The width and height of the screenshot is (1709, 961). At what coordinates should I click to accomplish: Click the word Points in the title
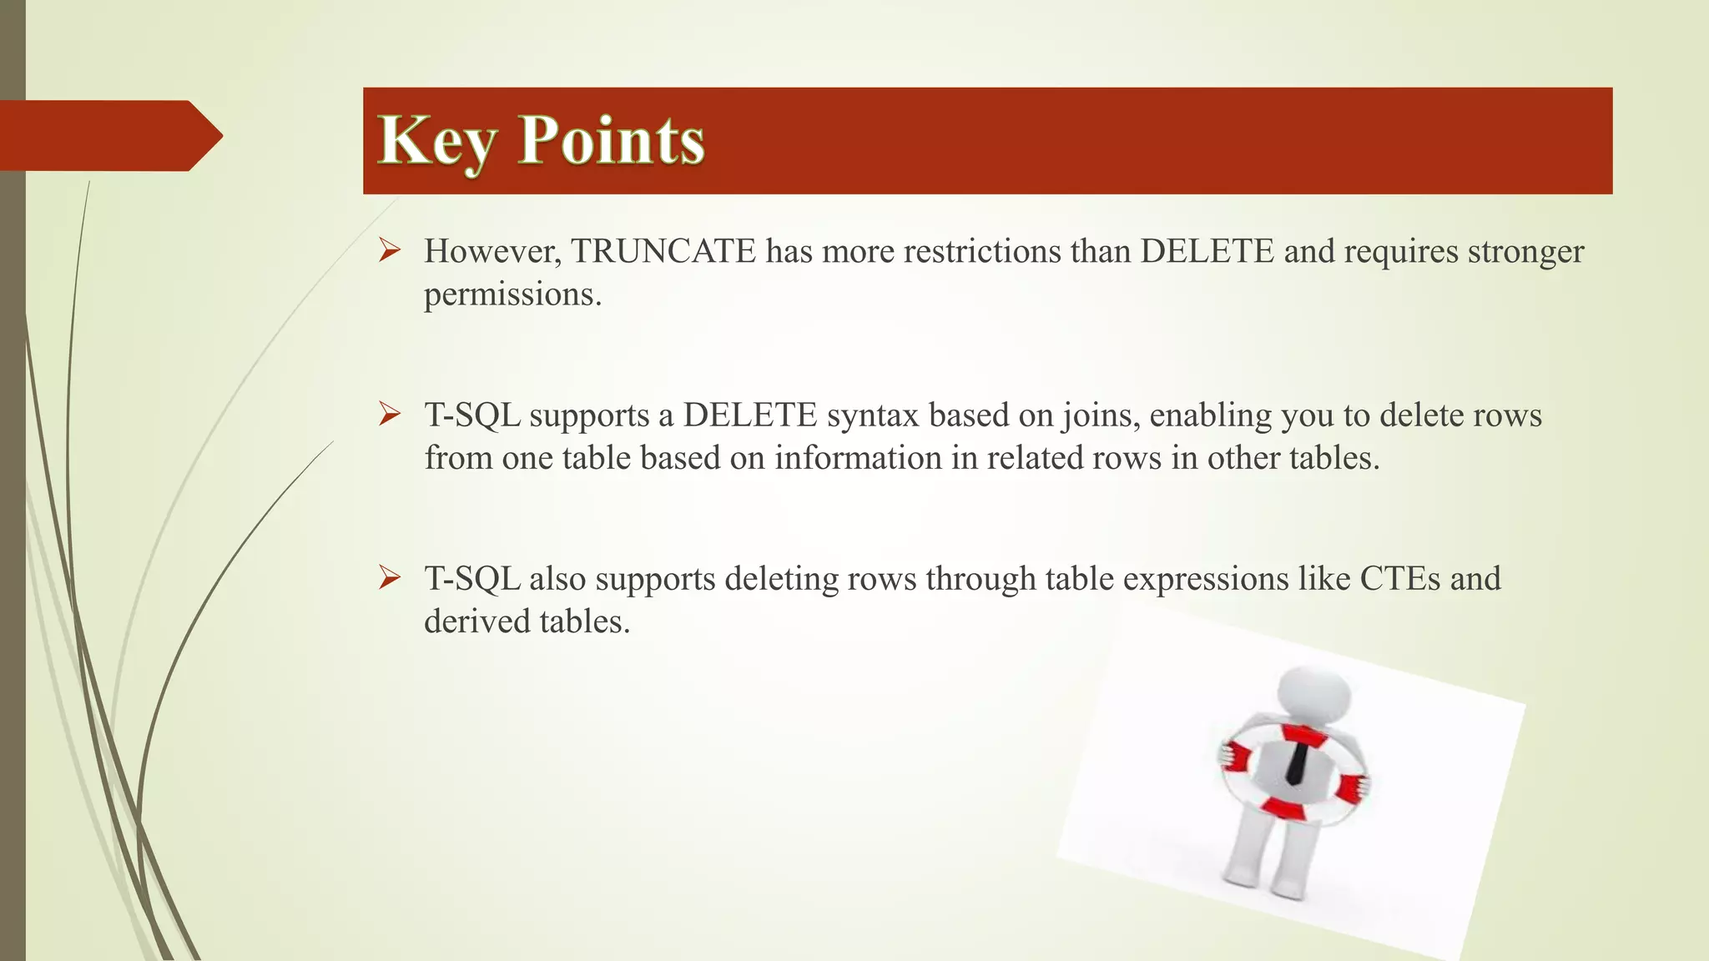tap(612, 140)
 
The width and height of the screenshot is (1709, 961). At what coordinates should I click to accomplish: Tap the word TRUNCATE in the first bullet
tap(663, 251)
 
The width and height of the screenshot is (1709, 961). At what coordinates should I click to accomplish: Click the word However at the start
tap(492, 251)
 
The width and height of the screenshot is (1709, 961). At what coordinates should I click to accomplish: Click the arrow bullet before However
tap(390, 249)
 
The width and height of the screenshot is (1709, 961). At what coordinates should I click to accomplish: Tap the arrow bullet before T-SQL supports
tap(390, 414)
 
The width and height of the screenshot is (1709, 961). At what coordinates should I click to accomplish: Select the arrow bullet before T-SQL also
tap(390, 577)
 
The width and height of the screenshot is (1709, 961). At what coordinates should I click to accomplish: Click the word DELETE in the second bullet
tap(749, 415)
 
